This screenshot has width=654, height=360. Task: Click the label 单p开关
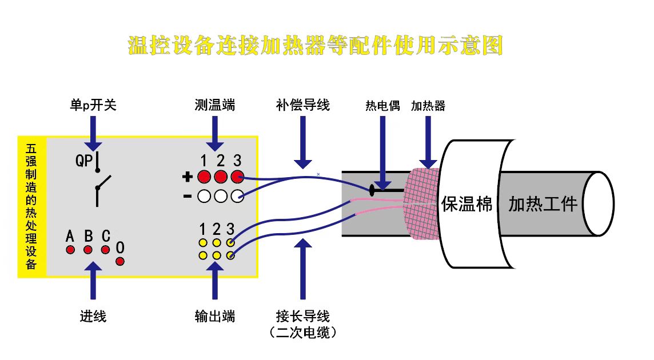[x=93, y=105]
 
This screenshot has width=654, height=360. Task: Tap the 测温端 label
[x=215, y=105]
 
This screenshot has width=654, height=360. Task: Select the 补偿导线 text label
[x=303, y=105]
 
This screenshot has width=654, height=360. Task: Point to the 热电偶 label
[x=382, y=106]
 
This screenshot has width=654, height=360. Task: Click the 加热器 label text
[x=428, y=106]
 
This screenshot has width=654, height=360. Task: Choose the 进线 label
[x=93, y=316]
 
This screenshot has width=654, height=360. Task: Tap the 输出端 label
[x=215, y=316]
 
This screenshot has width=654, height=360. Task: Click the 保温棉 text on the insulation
[x=466, y=204]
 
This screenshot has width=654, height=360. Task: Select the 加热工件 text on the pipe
[x=543, y=204]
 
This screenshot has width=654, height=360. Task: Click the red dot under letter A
[x=70, y=250]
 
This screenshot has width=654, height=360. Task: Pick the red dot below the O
[x=120, y=262]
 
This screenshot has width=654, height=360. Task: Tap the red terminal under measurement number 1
[x=204, y=177]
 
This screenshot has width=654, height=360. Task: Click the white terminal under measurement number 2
[x=221, y=196]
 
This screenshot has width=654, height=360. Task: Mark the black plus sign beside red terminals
[x=188, y=177]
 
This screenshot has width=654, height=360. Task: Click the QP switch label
[x=84, y=161]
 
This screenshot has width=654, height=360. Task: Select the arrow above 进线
[x=93, y=281]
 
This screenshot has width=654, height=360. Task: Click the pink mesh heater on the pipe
[x=421, y=203]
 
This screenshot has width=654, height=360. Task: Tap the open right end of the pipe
[x=599, y=204]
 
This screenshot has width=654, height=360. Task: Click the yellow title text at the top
[x=316, y=45]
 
